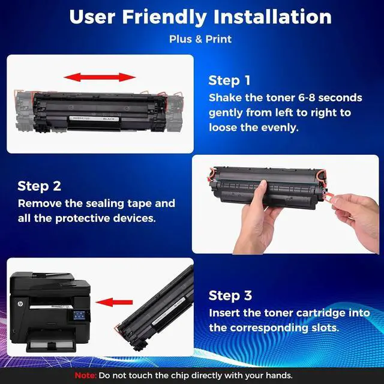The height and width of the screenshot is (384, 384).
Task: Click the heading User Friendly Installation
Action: click(200, 17)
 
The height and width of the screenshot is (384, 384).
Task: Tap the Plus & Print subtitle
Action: click(200, 39)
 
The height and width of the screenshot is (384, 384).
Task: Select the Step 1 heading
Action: click(229, 80)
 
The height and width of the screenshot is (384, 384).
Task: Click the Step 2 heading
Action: click(39, 186)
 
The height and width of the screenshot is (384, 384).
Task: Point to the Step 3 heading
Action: click(230, 296)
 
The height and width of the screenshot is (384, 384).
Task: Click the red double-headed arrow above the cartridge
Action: click(100, 77)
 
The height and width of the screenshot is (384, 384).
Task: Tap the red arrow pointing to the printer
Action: click(114, 302)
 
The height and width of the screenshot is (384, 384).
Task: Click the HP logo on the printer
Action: click(20, 304)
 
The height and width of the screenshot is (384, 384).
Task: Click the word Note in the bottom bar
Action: click(85, 376)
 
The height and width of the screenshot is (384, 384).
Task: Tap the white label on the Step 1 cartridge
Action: click(94, 119)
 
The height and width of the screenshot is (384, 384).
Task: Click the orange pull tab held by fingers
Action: click(329, 196)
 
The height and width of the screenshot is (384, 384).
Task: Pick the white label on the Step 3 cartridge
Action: click(169, 311)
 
